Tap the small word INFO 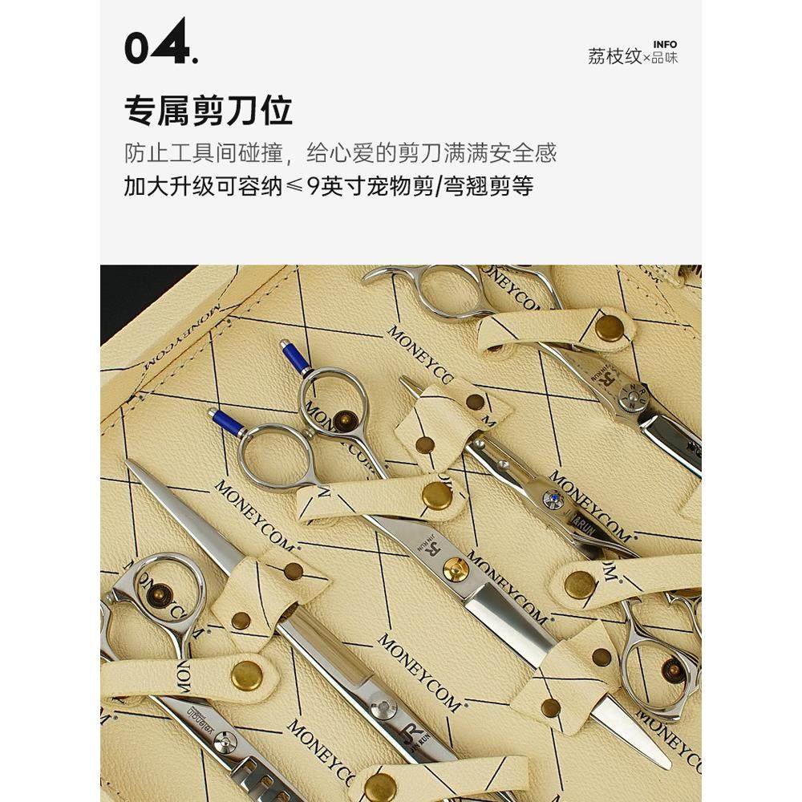coord(665,44)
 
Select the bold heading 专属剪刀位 coord(209,111)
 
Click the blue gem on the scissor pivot coord(549,500)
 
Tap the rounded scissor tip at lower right coord(662,757)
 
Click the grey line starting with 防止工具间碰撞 coord(340,152)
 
